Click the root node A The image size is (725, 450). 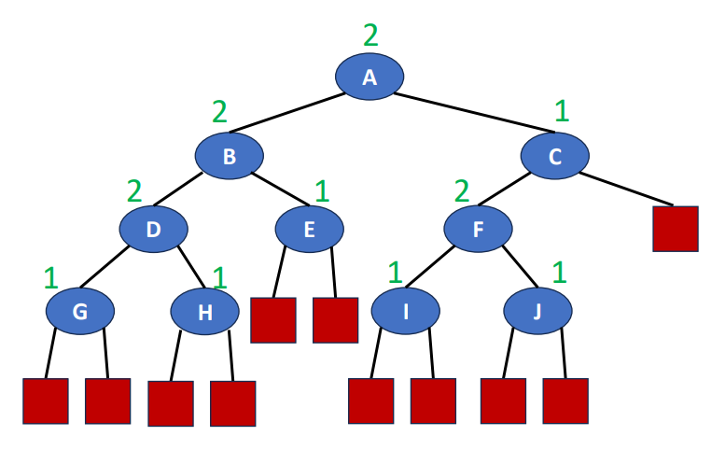pos(369,77)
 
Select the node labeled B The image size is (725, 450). pos(229,157)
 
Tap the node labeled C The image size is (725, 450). pos(555,157)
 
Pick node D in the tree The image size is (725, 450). pos(154,230)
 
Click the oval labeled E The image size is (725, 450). pos(310,230)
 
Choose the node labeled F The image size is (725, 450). pos(478,230)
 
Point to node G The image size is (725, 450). pos(80,311)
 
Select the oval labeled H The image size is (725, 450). pos(205,312)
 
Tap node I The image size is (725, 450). pos(405,311)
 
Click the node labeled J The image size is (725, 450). pos(538,311)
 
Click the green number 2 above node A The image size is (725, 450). pos(371,35)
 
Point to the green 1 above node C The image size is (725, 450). pos(561,113)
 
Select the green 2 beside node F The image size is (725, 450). pos(462,191)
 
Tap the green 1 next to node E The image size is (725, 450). pos(322,191)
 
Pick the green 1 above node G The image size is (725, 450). pos(50,276)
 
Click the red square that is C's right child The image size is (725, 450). pos(676,228)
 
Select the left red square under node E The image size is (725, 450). pos(273,320)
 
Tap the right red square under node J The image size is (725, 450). pos(565,401)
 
